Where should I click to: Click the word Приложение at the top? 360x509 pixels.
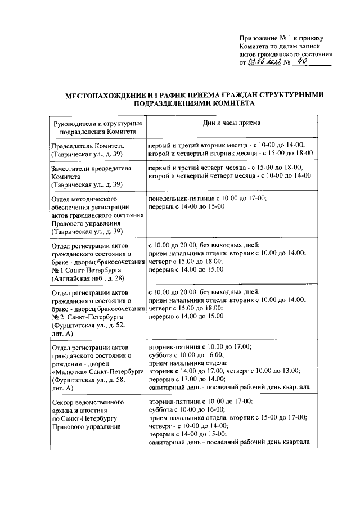click(256, 39)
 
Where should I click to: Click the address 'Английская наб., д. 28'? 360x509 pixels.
click(88, 278)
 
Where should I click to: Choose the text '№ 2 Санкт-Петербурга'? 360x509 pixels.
click(87, 317)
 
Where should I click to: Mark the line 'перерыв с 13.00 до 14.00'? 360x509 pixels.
click(186, 379)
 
